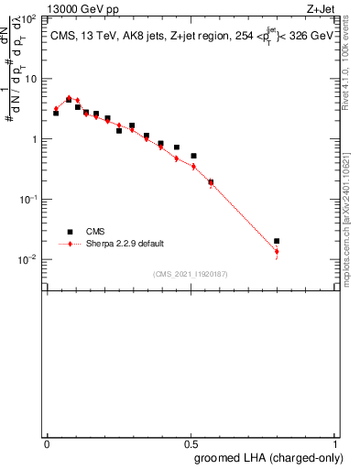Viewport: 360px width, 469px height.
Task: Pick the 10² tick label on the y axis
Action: tap(28, 18)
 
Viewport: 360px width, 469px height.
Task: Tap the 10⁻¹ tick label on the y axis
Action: tap(28, 199)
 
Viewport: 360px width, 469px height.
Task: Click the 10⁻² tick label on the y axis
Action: tap(28, 259)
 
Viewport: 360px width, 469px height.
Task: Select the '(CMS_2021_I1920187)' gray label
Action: tap(191, 273)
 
